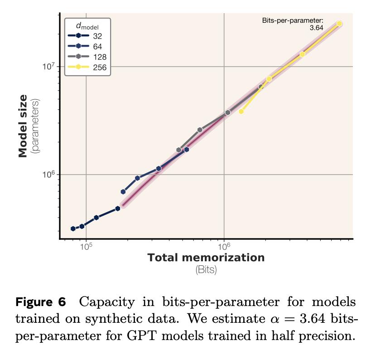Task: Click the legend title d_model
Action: click(x=87, y=25)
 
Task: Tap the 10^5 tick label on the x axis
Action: click(x=86, y=246)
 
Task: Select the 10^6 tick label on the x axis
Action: click(x=224, y=246)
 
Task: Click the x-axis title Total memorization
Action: click(x=206, y=258)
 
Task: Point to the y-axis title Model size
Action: click(x=23, y=126)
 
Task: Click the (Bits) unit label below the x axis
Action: click(x=206, y=270)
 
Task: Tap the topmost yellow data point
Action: click(x=339, y=24)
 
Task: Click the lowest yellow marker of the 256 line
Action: click(x=241, y=111)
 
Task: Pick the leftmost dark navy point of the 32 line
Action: click(x=73, y=229)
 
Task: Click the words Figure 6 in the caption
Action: click(x=41, y=302)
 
